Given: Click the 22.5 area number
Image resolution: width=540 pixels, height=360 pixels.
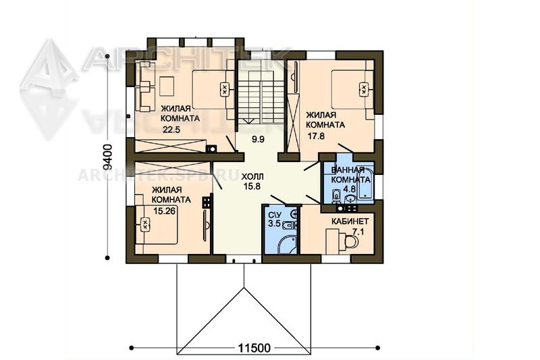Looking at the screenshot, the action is point(171,130).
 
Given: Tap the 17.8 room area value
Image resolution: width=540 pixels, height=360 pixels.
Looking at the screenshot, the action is point(316,136).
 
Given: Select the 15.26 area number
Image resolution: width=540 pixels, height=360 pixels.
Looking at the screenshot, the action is point(164,211).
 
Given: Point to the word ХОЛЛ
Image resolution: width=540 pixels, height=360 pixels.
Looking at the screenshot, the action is point(252,177).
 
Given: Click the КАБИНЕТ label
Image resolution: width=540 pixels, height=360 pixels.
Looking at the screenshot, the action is point(350,221).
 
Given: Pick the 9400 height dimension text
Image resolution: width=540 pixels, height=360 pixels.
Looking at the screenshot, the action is point(108,157).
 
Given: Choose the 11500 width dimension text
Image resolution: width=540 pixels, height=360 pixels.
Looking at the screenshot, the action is point(254,348).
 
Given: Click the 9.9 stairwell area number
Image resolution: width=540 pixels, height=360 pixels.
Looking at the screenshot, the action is point(258,140).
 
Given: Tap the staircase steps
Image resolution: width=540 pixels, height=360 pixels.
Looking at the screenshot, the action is point(261,97).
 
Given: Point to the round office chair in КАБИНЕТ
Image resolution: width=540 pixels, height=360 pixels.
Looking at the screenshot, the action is point(350,242).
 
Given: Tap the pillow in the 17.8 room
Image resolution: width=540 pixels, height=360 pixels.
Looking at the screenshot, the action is point(363,88).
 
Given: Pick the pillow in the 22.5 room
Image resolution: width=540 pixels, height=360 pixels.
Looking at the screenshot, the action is point(224,90).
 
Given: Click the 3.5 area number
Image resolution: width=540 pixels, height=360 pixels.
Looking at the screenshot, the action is point(274,223).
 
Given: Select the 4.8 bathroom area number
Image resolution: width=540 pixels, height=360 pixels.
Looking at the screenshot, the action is point(350,189).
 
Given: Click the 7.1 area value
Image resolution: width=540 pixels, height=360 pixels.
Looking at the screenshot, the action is point(358,232).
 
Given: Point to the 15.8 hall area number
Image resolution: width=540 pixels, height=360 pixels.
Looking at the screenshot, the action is point(252,186).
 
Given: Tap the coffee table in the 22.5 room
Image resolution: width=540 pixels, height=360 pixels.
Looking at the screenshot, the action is point(167,86).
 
